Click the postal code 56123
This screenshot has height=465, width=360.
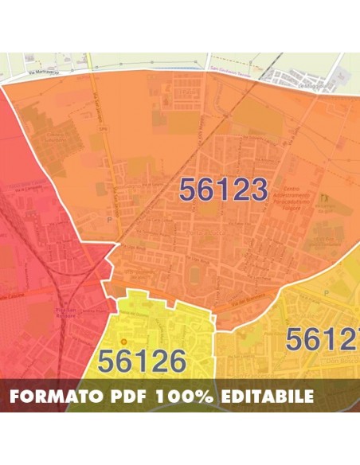click(x=223, y=190)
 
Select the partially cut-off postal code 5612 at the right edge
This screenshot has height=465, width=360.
click(x=322, y=339)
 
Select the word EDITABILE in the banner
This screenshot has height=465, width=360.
click(x=271, y=396)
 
